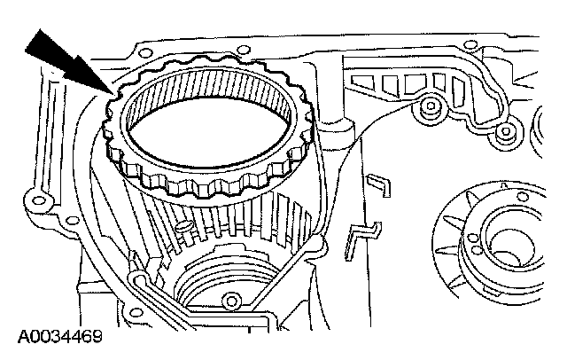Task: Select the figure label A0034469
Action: [x=59, y=338]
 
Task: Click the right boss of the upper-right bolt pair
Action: [x=505, y=133]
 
